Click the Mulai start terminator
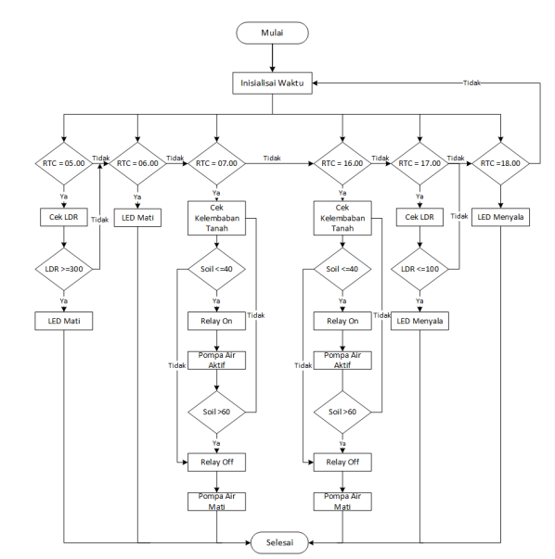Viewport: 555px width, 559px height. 272,32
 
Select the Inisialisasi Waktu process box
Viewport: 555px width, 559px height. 272,83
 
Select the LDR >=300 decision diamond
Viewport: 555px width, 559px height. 63,269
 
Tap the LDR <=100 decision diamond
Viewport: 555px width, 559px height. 419,269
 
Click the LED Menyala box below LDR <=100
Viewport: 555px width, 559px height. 419,322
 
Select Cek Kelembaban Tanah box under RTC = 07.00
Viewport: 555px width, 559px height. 216,217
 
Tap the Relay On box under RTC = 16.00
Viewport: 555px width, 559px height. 342,322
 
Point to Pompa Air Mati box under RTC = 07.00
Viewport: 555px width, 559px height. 216,502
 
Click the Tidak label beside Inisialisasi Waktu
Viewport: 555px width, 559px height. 471,83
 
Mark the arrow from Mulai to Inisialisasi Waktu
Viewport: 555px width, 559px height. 272,57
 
